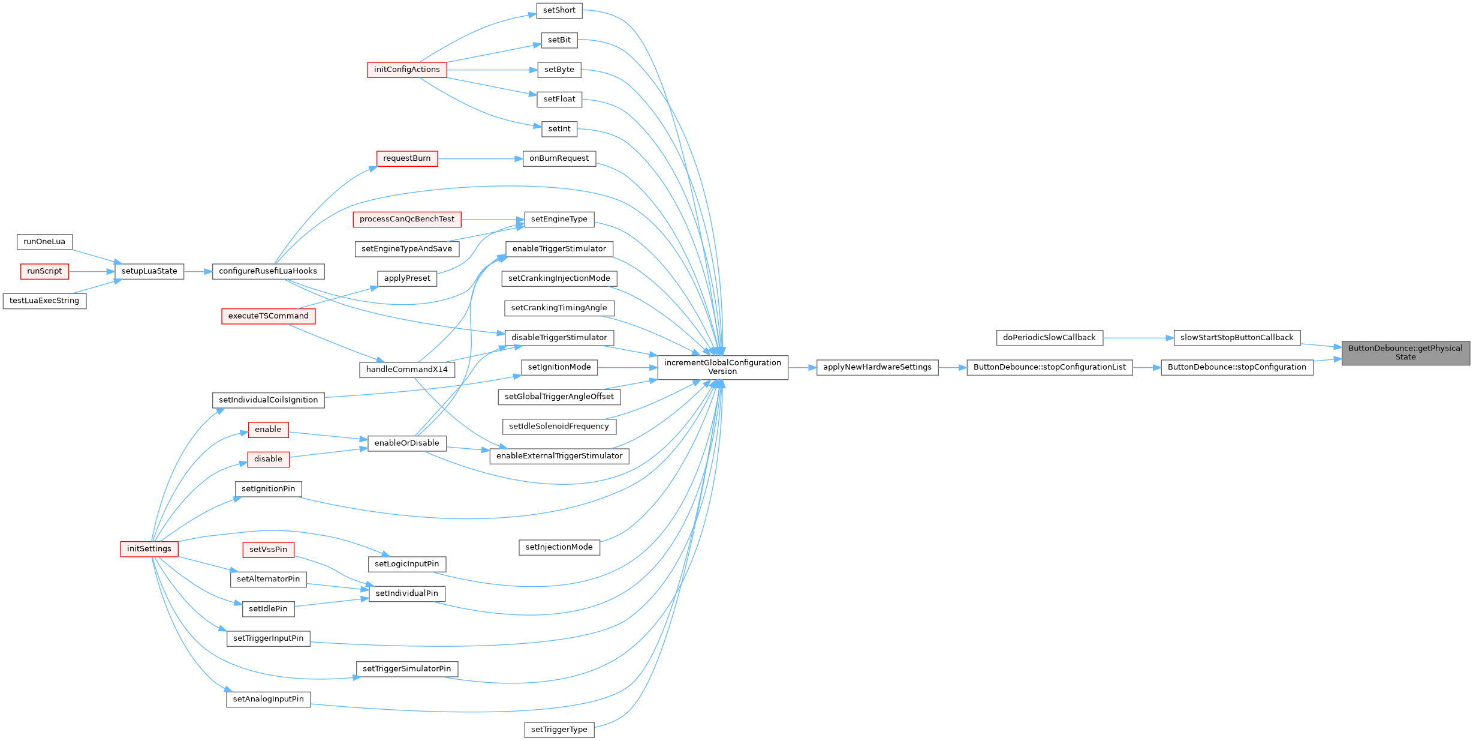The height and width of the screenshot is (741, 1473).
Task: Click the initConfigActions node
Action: pyautogui.click(x=406, y=70)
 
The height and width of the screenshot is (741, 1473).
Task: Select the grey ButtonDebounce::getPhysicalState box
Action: pyautogui.click(x=1405, y=352)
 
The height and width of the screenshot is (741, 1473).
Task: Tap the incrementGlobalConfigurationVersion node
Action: pyautogui.click(x=722, y=367)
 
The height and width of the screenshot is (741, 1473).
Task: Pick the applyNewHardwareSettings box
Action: pyautogui.click(x=877, y=367)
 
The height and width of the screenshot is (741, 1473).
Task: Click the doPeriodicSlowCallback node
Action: pyautogui.click(x=1049, y=338)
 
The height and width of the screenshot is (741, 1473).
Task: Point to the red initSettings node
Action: pyautogui.click(x=149, y=549)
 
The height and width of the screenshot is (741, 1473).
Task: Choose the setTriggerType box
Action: pyautogui.click(x=559, y=730)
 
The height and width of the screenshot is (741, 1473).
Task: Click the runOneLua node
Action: pyautogui.click(x=44, y=242)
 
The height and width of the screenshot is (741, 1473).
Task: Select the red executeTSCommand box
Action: pyautogui.click(x=268, y=316)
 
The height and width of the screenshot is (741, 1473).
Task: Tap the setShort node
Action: pyautogui.click(x=559, y=10)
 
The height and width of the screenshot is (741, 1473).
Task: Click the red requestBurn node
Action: pyautogui.click(x=406, y=158)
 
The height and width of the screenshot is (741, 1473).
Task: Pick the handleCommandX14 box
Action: pyautogui.click(x=406, y=370)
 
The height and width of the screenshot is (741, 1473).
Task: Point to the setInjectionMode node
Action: pyautogui.click(x=559, y=547)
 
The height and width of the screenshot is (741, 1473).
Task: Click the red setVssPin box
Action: pyautogui.click(x=268, y=550)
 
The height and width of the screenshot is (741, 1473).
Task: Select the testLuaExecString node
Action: pyautogui.click(x=44, y=301)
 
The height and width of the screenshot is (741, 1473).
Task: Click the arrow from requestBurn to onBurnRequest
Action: pyautogui.click(x=480, y=159)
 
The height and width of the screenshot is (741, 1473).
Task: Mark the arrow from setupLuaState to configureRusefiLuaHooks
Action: pyautogui.click(x=198, y=272)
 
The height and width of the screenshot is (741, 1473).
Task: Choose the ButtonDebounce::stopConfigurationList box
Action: pyautogui.click(x=1049, y=367)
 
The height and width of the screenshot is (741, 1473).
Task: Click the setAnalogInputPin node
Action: pyautogui.click(x=268, y=699)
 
